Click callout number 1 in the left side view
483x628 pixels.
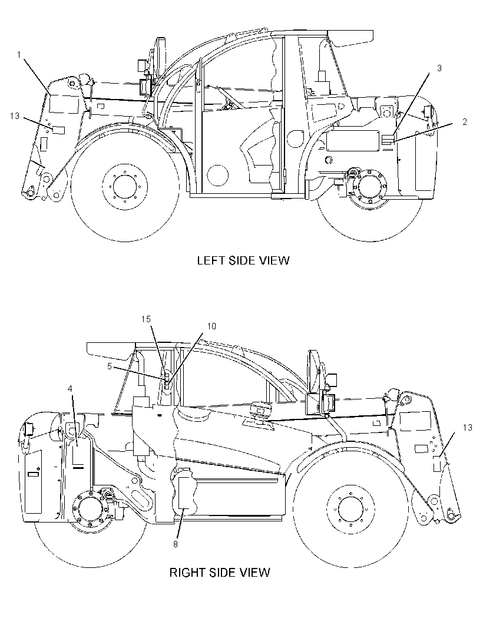point(19,55)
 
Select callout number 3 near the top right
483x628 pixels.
point(439,68)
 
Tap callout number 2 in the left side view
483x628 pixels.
point(465,122)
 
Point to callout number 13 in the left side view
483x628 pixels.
point(14,115)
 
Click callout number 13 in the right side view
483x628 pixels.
point(467,427)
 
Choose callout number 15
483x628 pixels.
point(145,319)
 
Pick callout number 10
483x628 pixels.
point(211,326)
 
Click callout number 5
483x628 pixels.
point(110,366)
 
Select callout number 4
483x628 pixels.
point(70,388)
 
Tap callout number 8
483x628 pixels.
point(176,544)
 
